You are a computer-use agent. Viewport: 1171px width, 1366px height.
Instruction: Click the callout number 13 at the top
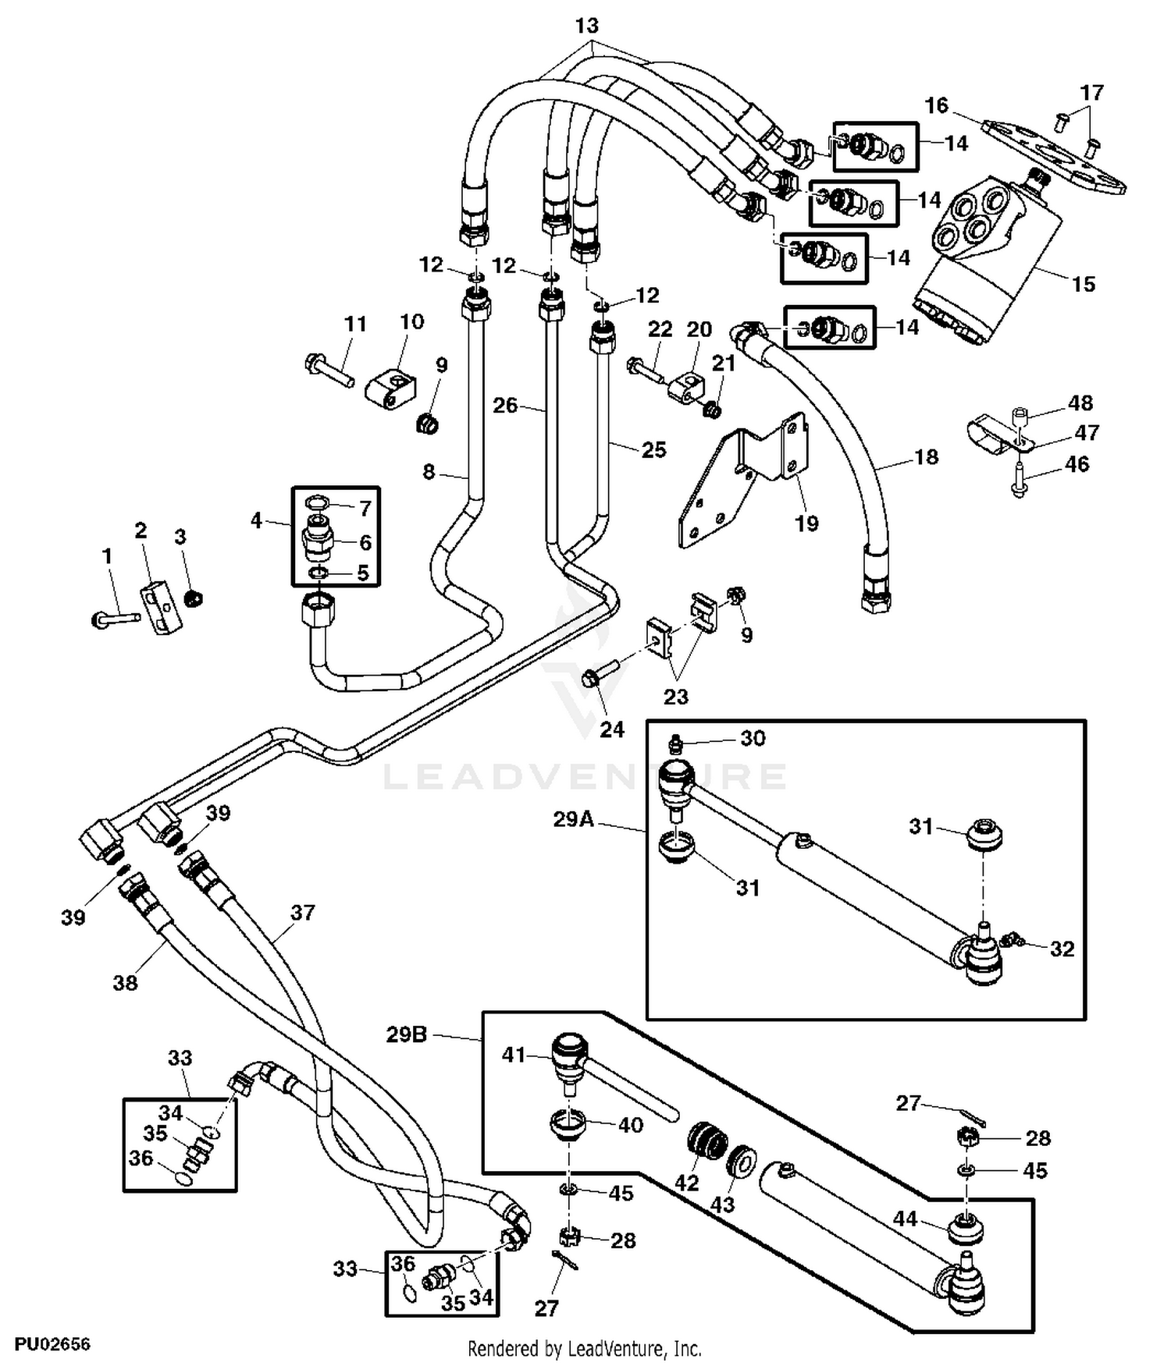586,26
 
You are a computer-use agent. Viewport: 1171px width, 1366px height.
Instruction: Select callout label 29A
574,819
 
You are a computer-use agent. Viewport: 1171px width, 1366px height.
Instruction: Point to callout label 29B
407,1034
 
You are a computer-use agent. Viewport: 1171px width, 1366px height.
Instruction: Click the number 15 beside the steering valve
1083,284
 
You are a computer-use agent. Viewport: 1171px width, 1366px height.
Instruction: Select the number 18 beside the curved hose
926,456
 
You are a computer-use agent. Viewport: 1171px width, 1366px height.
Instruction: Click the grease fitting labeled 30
678,740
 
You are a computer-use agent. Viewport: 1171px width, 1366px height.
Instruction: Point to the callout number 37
302,912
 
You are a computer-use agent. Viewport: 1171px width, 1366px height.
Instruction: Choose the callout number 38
125,982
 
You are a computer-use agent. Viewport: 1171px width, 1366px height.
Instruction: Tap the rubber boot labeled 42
707,1142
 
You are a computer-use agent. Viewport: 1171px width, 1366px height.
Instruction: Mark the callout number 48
1080,403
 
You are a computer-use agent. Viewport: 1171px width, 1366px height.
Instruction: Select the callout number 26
505,406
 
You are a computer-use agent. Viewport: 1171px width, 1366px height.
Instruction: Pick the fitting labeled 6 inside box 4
318,538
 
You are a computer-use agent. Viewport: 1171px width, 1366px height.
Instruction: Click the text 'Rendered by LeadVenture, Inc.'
584,1348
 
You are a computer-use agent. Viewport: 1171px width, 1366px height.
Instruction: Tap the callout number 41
513,1055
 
